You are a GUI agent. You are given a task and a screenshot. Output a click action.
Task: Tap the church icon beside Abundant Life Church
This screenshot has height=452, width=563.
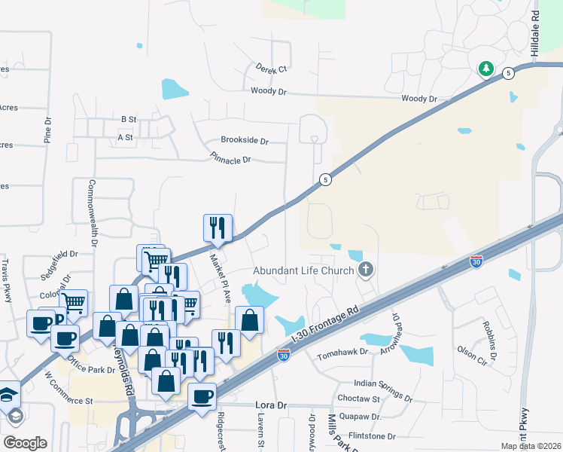pos(366,269)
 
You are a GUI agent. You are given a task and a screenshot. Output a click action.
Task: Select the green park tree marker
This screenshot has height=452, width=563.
pos(486,69)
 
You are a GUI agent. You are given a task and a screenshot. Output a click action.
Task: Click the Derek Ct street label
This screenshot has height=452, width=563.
pos(272,69)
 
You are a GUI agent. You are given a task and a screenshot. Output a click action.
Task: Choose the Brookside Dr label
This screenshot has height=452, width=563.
pos(244,140)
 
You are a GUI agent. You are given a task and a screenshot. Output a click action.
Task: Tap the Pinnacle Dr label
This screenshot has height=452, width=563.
pos(230,160)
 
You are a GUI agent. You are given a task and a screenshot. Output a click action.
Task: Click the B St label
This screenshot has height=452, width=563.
pos(128,119)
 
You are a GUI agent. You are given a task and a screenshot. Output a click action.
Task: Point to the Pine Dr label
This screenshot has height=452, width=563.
pos(47,130)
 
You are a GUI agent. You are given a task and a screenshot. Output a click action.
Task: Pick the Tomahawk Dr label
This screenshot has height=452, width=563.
pos(342,353)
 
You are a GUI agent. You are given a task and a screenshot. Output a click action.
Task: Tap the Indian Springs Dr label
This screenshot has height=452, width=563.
pos(382,389)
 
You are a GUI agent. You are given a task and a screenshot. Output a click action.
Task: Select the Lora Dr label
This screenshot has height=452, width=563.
pos(270,405)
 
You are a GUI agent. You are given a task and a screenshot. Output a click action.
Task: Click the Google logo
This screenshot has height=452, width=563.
pos(25,442)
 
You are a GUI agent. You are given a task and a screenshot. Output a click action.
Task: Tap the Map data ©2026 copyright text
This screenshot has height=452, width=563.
pos(531,446)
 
